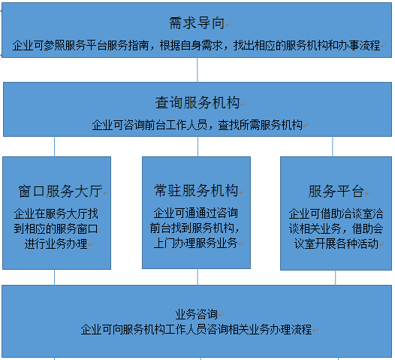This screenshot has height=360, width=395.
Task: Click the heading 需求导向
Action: coord(197,23)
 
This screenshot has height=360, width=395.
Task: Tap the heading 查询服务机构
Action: coord(197,103)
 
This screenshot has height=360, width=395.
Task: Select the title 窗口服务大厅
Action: coord(60,191)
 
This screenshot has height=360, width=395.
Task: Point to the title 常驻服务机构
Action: coord(196,190)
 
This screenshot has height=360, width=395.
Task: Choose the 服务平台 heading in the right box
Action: coord(336,191)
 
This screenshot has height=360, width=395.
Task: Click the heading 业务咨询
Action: coord(197,314)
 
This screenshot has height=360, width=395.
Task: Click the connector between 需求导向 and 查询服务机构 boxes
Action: coord(197,70)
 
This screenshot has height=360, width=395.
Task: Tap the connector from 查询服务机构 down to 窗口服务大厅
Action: coord(54,147)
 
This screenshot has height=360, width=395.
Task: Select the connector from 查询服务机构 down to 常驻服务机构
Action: coord(197,147)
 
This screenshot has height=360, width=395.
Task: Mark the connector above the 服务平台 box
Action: coord(333,147)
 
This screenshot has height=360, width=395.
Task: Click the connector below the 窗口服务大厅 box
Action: coord(54,277)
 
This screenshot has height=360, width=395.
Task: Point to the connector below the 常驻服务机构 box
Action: coord(197,277)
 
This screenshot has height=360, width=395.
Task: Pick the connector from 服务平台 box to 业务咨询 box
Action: coord(335,277)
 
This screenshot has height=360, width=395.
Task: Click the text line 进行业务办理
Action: coord(56,244)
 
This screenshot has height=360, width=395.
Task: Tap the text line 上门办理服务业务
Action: coord(196,243)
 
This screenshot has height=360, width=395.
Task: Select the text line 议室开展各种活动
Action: coord(336,244)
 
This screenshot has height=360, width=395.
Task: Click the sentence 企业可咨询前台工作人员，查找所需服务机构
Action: coord(197,125)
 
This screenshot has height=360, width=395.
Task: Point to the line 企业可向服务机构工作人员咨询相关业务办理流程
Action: coord(197,329)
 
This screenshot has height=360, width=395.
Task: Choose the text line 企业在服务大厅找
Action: coord(56,213)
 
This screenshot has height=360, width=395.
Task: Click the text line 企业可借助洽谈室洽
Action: coord(336,213)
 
